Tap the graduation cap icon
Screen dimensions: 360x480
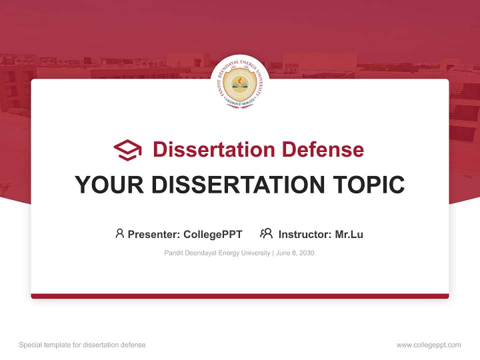click(127, 150)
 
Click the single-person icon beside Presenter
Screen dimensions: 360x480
click(119, 233)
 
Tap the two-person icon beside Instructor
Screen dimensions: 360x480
click(266, 233)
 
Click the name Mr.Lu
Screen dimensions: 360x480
click(349, 234)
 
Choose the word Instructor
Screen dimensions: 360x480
click(304, 234)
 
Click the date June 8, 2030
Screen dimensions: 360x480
click(295, 253)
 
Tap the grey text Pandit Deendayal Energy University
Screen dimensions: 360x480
click(217, 253)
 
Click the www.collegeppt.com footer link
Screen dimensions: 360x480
click(428, 345)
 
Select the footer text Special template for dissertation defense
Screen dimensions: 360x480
click(82, 345)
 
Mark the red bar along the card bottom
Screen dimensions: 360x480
click(240, 296)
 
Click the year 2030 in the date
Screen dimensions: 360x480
click(306, 253)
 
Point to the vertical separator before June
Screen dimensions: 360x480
click(273, 253)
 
